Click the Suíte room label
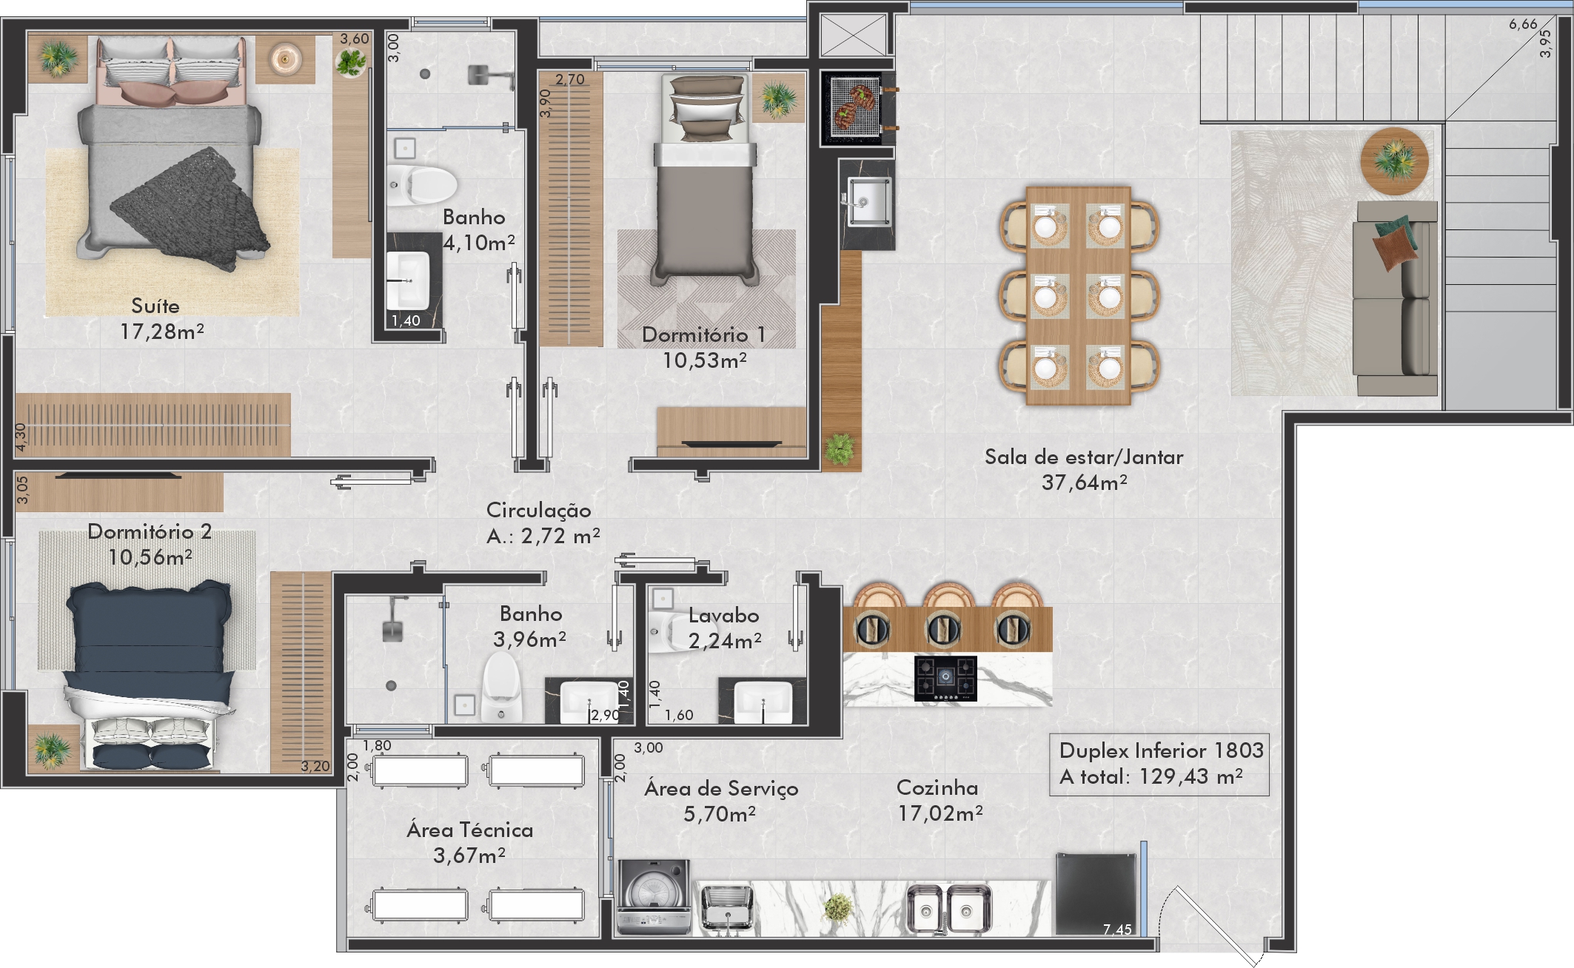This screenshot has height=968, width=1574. click(155, 306)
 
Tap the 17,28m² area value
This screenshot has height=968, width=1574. click(162, 332)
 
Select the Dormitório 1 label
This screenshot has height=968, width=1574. click(703, 335)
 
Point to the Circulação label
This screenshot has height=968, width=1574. click(538, 511)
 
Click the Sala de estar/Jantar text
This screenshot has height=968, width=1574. click(1084, 457)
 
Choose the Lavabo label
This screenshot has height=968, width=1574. click(723, 615)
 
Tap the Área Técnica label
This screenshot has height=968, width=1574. click(469, 830)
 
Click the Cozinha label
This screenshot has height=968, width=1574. click(937, 787)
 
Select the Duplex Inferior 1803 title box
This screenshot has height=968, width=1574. click(1159, 764)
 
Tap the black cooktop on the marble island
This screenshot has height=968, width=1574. click(945, 678)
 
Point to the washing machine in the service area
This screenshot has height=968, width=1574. click(654, 896)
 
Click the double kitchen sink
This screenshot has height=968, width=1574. click(950, 908)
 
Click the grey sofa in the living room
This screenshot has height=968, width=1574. click(1396, 298)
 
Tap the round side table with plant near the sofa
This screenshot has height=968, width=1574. click(1395, 161)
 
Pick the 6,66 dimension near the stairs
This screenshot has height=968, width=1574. click(1523, 24)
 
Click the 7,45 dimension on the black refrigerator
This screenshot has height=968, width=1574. click(1117, 930)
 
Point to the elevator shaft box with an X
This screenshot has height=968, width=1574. click(853, 35)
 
